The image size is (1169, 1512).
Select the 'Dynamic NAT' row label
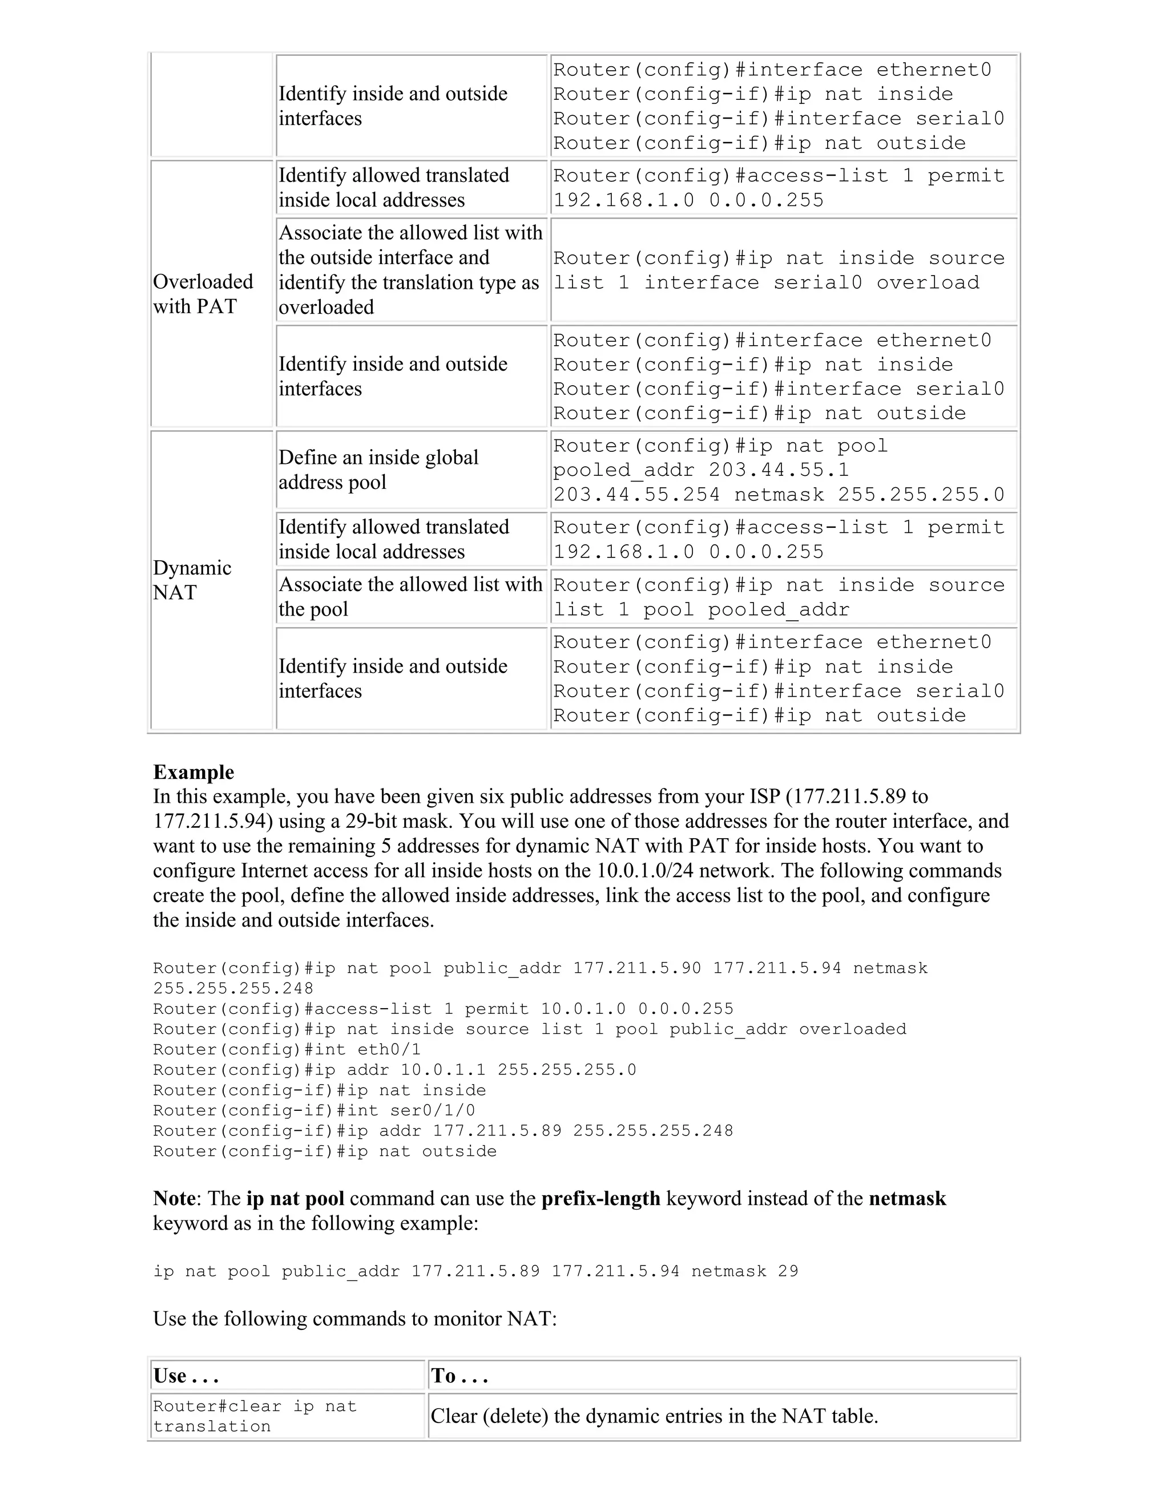coord(192,580)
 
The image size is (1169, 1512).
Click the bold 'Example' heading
coord(194,772)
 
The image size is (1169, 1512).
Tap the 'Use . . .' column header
coord(186,1376)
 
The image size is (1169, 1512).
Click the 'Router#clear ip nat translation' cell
coord(255,1416)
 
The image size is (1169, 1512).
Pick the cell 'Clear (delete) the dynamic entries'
coord(654,1416)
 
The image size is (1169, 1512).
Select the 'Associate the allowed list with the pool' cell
coord(410,596)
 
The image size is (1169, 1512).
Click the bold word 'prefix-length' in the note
coord(600,1198)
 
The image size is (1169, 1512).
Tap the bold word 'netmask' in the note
coord(906,1198)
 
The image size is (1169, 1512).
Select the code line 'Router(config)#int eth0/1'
coord(287,1049)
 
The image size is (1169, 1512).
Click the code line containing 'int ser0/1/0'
coord(314,1110)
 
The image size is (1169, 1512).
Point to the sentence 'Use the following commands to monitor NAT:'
coord(354,1318)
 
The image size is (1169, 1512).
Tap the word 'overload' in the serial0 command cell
coord(928,282)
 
